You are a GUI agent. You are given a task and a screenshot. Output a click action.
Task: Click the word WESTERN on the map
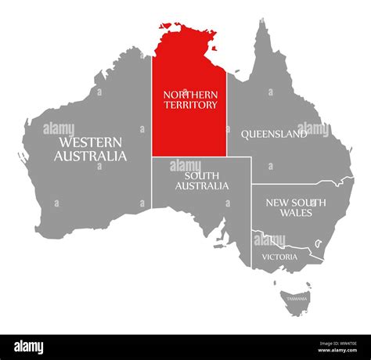(x=89, y=142)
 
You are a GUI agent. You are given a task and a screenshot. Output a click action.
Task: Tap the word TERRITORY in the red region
(x=190, y=104)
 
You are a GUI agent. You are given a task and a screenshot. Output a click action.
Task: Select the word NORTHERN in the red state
(x=190, y=94)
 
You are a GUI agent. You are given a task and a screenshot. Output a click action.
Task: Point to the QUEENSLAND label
(x=273, y=134)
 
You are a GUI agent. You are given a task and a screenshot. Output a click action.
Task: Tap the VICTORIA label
(x=279, y=257)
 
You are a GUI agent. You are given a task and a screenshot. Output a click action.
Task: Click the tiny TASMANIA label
(x=297, y=299)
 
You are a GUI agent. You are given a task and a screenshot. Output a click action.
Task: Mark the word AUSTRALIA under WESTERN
(x=90, y=156)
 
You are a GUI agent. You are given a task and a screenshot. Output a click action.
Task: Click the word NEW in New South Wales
(x=275, y=202)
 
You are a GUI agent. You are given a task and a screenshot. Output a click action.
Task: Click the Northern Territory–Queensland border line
(x=227, y=117)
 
